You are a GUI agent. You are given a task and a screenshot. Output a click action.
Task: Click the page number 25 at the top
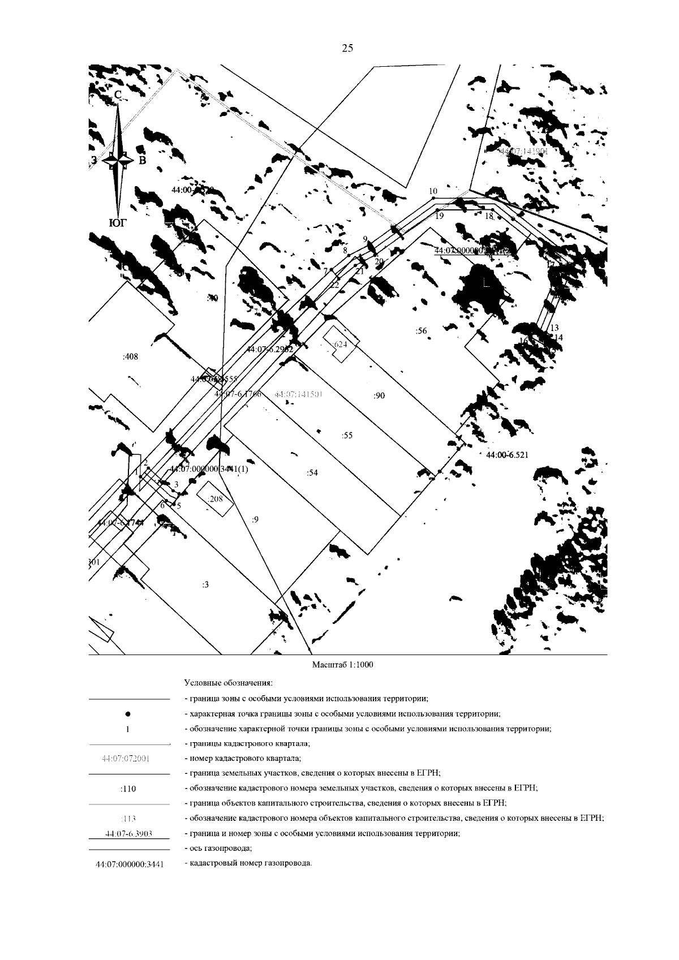point(347,49)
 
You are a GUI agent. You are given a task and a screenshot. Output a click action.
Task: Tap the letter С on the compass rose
point(118,96)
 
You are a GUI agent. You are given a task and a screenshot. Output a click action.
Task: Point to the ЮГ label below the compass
point(118,223)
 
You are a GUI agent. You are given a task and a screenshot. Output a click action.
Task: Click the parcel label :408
point(130,357)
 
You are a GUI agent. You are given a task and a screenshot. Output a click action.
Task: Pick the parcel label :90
point(379,396)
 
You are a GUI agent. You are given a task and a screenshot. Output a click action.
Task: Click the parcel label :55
point(347,435)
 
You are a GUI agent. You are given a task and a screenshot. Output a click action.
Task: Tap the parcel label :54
point(312,473)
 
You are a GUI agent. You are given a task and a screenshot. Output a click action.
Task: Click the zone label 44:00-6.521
point(507,454)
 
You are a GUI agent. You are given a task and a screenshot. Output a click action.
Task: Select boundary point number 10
point(433,191)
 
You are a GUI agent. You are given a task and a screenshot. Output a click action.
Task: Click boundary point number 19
point(439,216)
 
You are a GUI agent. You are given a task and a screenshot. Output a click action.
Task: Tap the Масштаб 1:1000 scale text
point(343,665)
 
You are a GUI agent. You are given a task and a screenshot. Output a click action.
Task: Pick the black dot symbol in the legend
point(128,714)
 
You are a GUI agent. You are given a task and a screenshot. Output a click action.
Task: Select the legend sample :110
point(128,788)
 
